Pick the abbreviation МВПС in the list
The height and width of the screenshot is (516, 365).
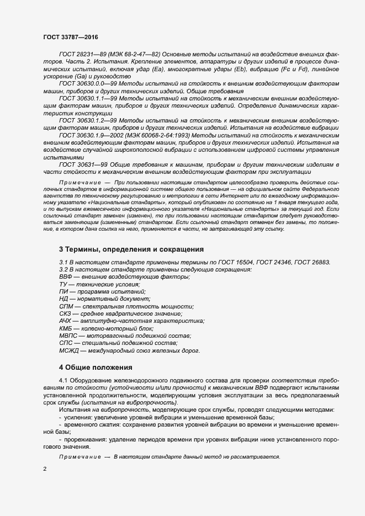[68, 336]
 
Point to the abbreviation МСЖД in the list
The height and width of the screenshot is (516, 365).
[69, 350]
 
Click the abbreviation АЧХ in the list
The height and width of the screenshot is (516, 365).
[66, 321]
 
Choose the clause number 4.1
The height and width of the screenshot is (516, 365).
[64, 381]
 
